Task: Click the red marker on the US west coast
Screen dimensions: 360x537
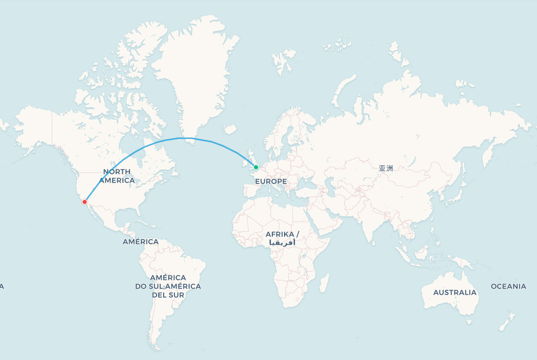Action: (x=84, y=202)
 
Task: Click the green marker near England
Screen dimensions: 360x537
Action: (x=256, y=167)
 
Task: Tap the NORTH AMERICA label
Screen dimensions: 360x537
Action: (x=117, y=176)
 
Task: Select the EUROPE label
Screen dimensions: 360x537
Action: (x=271, y=182)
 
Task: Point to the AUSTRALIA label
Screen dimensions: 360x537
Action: (x=454, y=293)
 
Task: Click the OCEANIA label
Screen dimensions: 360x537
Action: (x=508, y=287)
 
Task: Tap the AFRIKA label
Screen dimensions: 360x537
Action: (x=282, y=234)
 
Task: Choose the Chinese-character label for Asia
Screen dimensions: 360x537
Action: (x=386, y=168)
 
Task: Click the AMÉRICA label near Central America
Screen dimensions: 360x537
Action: (x=140, y=242)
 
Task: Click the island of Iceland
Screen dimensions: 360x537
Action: (x=230, y=130)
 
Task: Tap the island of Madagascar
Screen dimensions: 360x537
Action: (x=323, y=282)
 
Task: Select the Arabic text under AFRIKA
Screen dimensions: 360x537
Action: (x=282, y=243)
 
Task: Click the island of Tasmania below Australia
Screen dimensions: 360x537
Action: (x=469, y=323)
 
